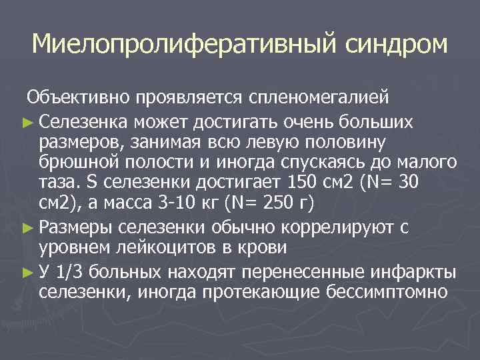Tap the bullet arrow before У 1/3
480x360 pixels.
pos(31,273)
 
